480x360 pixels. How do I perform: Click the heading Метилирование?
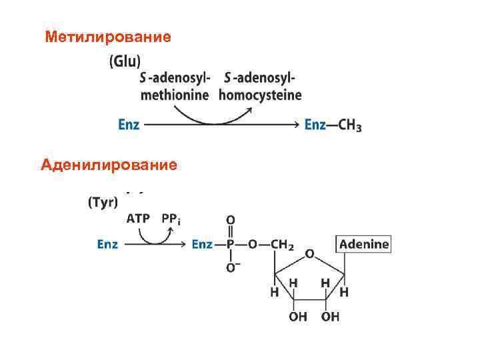click(108, 37)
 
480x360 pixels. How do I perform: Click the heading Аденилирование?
click(109, 163)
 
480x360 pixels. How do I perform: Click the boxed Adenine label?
click(364, 244)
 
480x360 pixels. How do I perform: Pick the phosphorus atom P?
click(231, 245)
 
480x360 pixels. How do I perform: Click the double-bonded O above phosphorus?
click(231, 219)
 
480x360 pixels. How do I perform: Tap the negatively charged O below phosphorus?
click(231, 269)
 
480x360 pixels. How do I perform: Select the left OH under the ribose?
click(297, 317)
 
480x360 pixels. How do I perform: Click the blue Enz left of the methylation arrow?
click(129, 125)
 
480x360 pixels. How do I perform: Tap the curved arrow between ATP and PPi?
click(155, 235)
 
